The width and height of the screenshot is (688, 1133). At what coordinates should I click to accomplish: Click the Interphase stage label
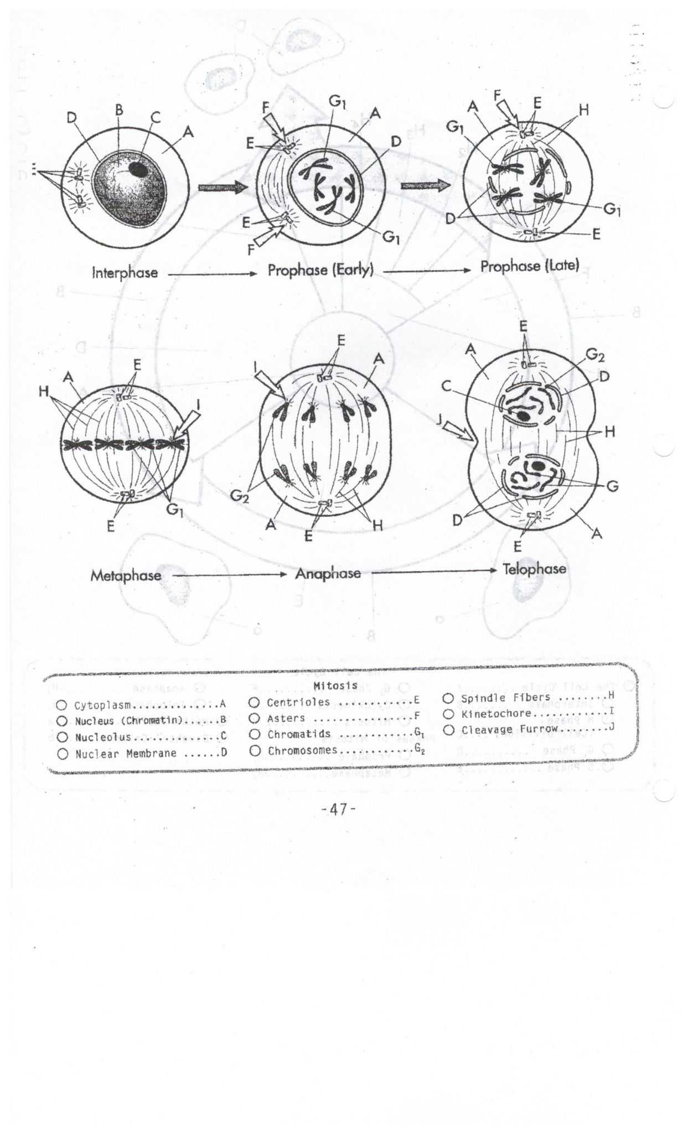(125, 273)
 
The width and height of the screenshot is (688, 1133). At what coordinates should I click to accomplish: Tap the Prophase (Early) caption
(320, 271)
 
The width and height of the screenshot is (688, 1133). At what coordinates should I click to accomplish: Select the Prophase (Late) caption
(529, 266)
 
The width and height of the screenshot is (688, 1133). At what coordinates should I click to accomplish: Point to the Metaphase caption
(126, 575)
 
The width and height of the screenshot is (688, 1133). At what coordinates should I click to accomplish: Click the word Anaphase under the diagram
(328, 573)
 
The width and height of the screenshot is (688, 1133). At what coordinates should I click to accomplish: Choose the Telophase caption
(534, 569)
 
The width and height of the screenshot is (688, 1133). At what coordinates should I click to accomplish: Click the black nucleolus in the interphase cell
(138, 169)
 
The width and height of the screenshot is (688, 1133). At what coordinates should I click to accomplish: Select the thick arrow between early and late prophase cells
(425, 186)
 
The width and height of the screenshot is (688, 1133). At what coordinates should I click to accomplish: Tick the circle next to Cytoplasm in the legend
(62, 705)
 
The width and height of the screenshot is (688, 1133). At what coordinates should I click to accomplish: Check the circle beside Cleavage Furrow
(449, 730)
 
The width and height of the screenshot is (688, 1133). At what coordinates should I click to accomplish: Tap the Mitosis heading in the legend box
(335, 685)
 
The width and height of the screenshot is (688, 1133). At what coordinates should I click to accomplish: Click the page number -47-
(338, 809)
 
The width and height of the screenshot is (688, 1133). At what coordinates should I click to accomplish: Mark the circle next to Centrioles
(255, 703)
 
